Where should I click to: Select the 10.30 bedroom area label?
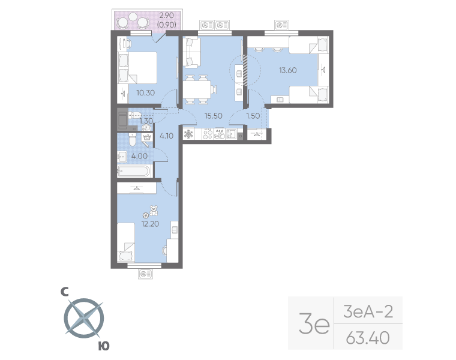[145, 93]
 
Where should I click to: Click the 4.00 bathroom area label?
[139, 156]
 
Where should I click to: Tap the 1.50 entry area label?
[254, 115]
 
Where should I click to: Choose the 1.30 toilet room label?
[146, 121]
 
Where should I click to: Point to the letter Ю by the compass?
[103, 346]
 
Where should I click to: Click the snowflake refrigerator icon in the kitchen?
[189, 134]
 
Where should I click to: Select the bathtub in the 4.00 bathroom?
[134, 172]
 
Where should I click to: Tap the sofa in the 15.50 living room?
[191, 53]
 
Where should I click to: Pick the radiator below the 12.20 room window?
[145, 274]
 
